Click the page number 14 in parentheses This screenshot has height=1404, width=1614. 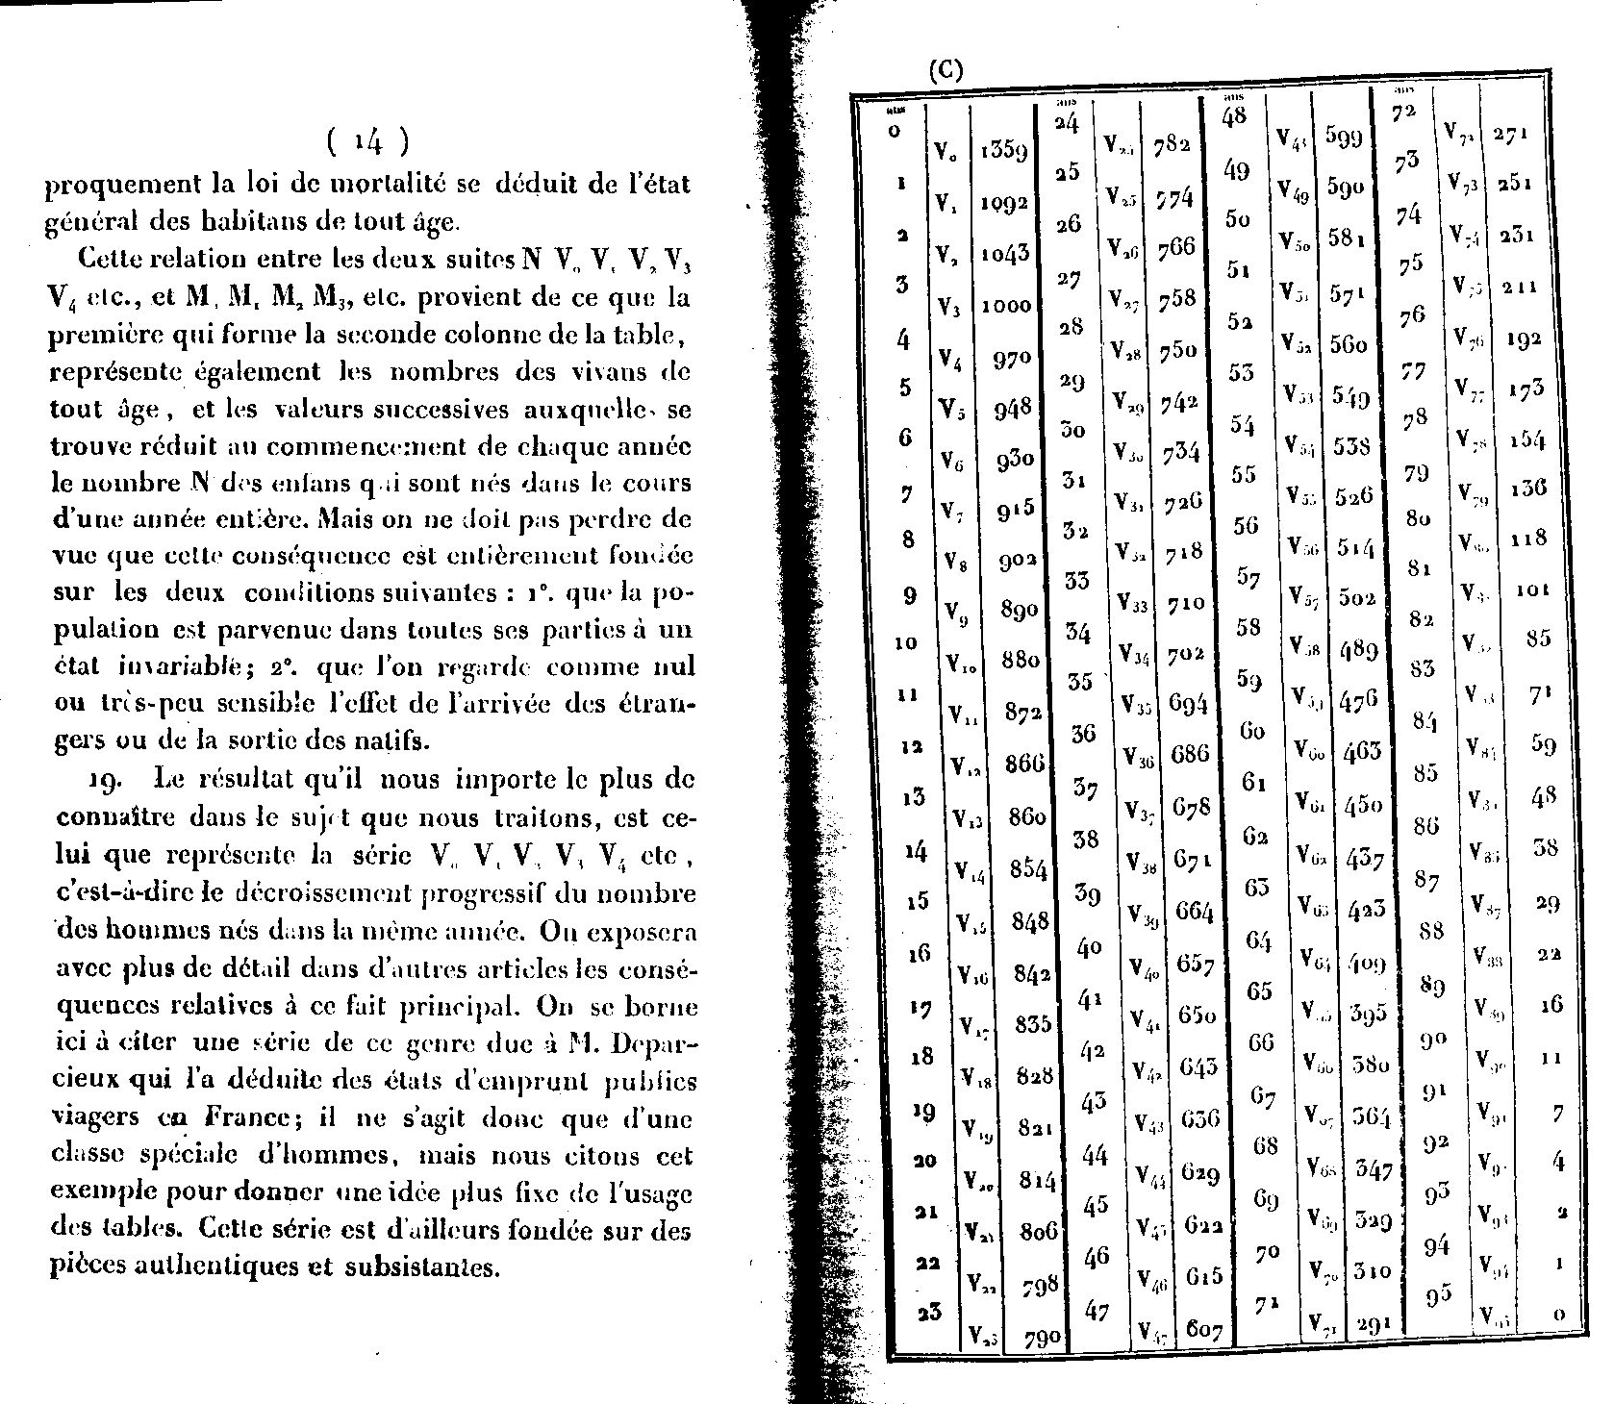[366, 143]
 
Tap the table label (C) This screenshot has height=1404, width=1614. [944, 72]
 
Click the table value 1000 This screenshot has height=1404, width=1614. [1006, 306]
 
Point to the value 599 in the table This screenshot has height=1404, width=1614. [1344, 138]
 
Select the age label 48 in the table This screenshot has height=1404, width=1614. [1234, 116]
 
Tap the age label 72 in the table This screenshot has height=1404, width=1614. [1404, 113]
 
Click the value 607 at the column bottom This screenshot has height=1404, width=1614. [1203, 1331]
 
